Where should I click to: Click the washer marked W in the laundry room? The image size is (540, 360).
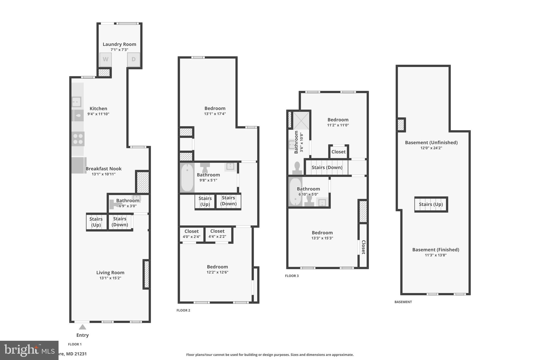point(105,60)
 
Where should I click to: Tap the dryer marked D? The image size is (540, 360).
point(133,60)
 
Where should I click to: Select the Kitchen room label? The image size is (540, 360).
point(98,108)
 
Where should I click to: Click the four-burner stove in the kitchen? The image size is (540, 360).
point(78,139)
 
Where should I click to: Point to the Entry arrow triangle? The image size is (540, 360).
point(83,327)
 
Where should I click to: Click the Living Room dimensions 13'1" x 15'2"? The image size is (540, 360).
point(110,278)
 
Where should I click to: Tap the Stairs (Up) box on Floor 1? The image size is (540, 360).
point(96,222)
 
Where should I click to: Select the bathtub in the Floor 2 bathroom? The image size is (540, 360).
point(187,177)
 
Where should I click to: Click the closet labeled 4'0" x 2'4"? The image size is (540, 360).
point(191,234)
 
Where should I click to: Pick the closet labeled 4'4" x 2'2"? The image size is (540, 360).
point(217,234)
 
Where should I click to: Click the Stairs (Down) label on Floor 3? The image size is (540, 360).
point(327,167)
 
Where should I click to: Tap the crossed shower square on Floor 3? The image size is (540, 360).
point(301,121)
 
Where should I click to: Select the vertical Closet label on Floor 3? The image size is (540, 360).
point(363,247)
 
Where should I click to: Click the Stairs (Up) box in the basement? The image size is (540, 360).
point(431,204)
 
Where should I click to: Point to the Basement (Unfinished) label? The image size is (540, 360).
point(431,142)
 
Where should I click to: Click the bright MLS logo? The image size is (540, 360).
point(29,350)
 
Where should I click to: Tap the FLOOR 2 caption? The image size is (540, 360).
point(183,310)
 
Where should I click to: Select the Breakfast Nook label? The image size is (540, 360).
point(104,169)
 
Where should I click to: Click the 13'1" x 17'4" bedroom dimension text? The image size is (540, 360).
point(215,114)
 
